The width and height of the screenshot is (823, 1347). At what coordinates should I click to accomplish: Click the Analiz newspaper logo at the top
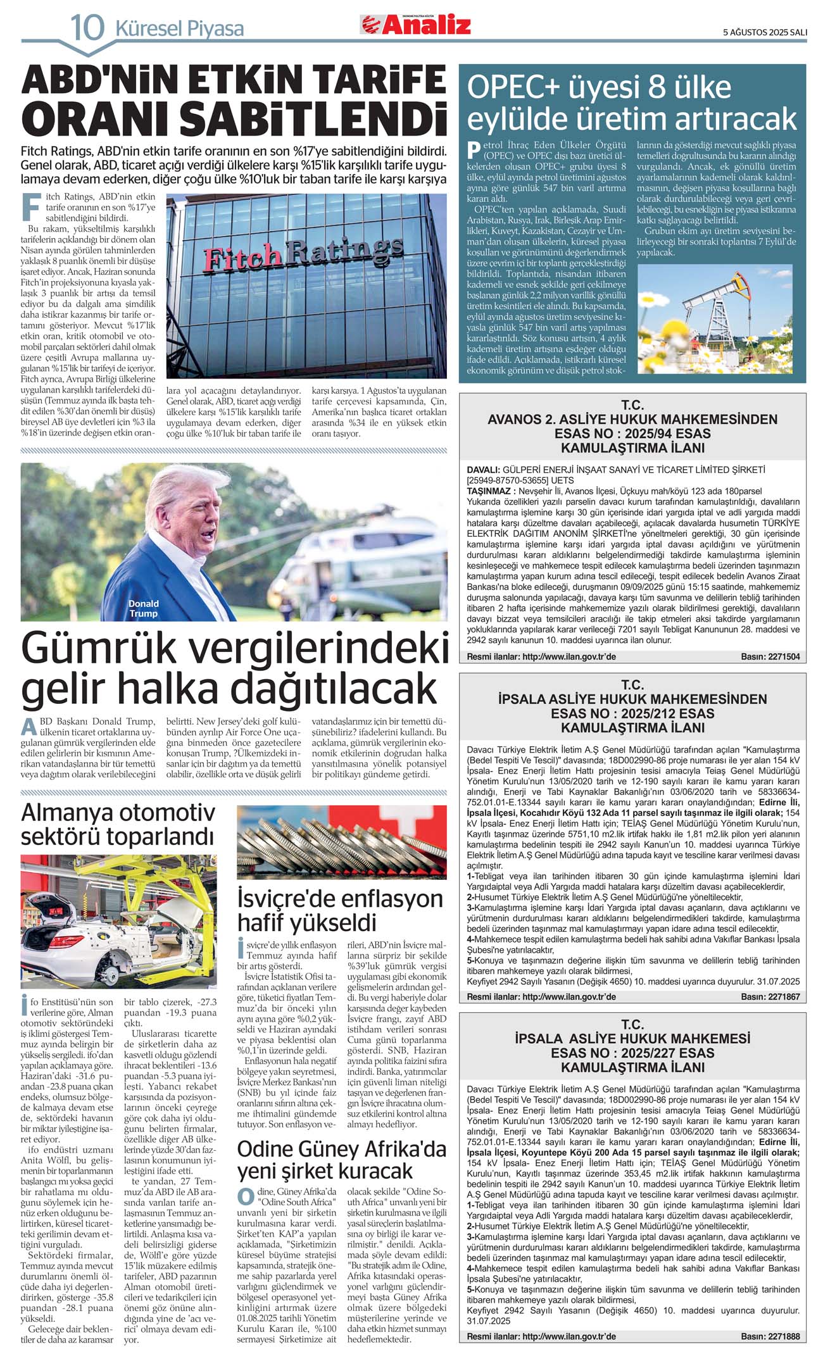[416, 25]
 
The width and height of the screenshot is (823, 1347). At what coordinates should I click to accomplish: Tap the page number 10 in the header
[86, 28]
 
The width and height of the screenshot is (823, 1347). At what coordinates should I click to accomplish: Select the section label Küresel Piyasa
[179, 28]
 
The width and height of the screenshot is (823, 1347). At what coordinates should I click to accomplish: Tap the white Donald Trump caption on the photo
[144, 608]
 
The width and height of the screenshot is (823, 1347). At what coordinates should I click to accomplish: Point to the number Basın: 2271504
[770, 657]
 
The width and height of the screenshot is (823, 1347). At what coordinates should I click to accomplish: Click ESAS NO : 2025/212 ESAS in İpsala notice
[632, 713]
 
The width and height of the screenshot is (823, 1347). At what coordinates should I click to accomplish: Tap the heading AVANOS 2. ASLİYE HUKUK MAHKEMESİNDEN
[632, 420]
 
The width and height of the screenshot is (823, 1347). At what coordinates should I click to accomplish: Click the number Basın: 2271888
[770, 1336]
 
